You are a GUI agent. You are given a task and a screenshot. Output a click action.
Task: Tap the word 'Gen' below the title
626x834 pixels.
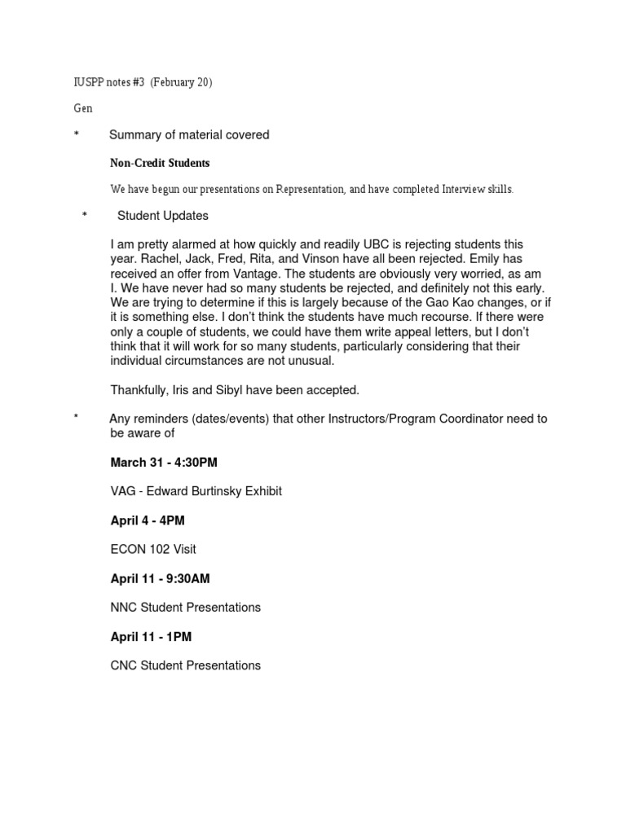point(82,108)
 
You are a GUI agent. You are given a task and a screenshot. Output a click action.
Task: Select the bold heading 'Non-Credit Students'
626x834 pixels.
point(160,163)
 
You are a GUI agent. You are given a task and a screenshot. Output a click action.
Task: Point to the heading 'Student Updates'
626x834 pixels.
point(162,216)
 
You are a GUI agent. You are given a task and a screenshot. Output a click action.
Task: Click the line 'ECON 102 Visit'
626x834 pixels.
point(153,549)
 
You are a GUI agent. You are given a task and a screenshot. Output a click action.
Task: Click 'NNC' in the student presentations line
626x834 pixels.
point(125,608)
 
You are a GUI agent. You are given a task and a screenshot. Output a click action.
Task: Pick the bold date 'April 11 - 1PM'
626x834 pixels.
point(151,636)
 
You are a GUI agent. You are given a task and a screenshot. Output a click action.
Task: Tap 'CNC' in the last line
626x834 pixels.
point(125,665)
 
